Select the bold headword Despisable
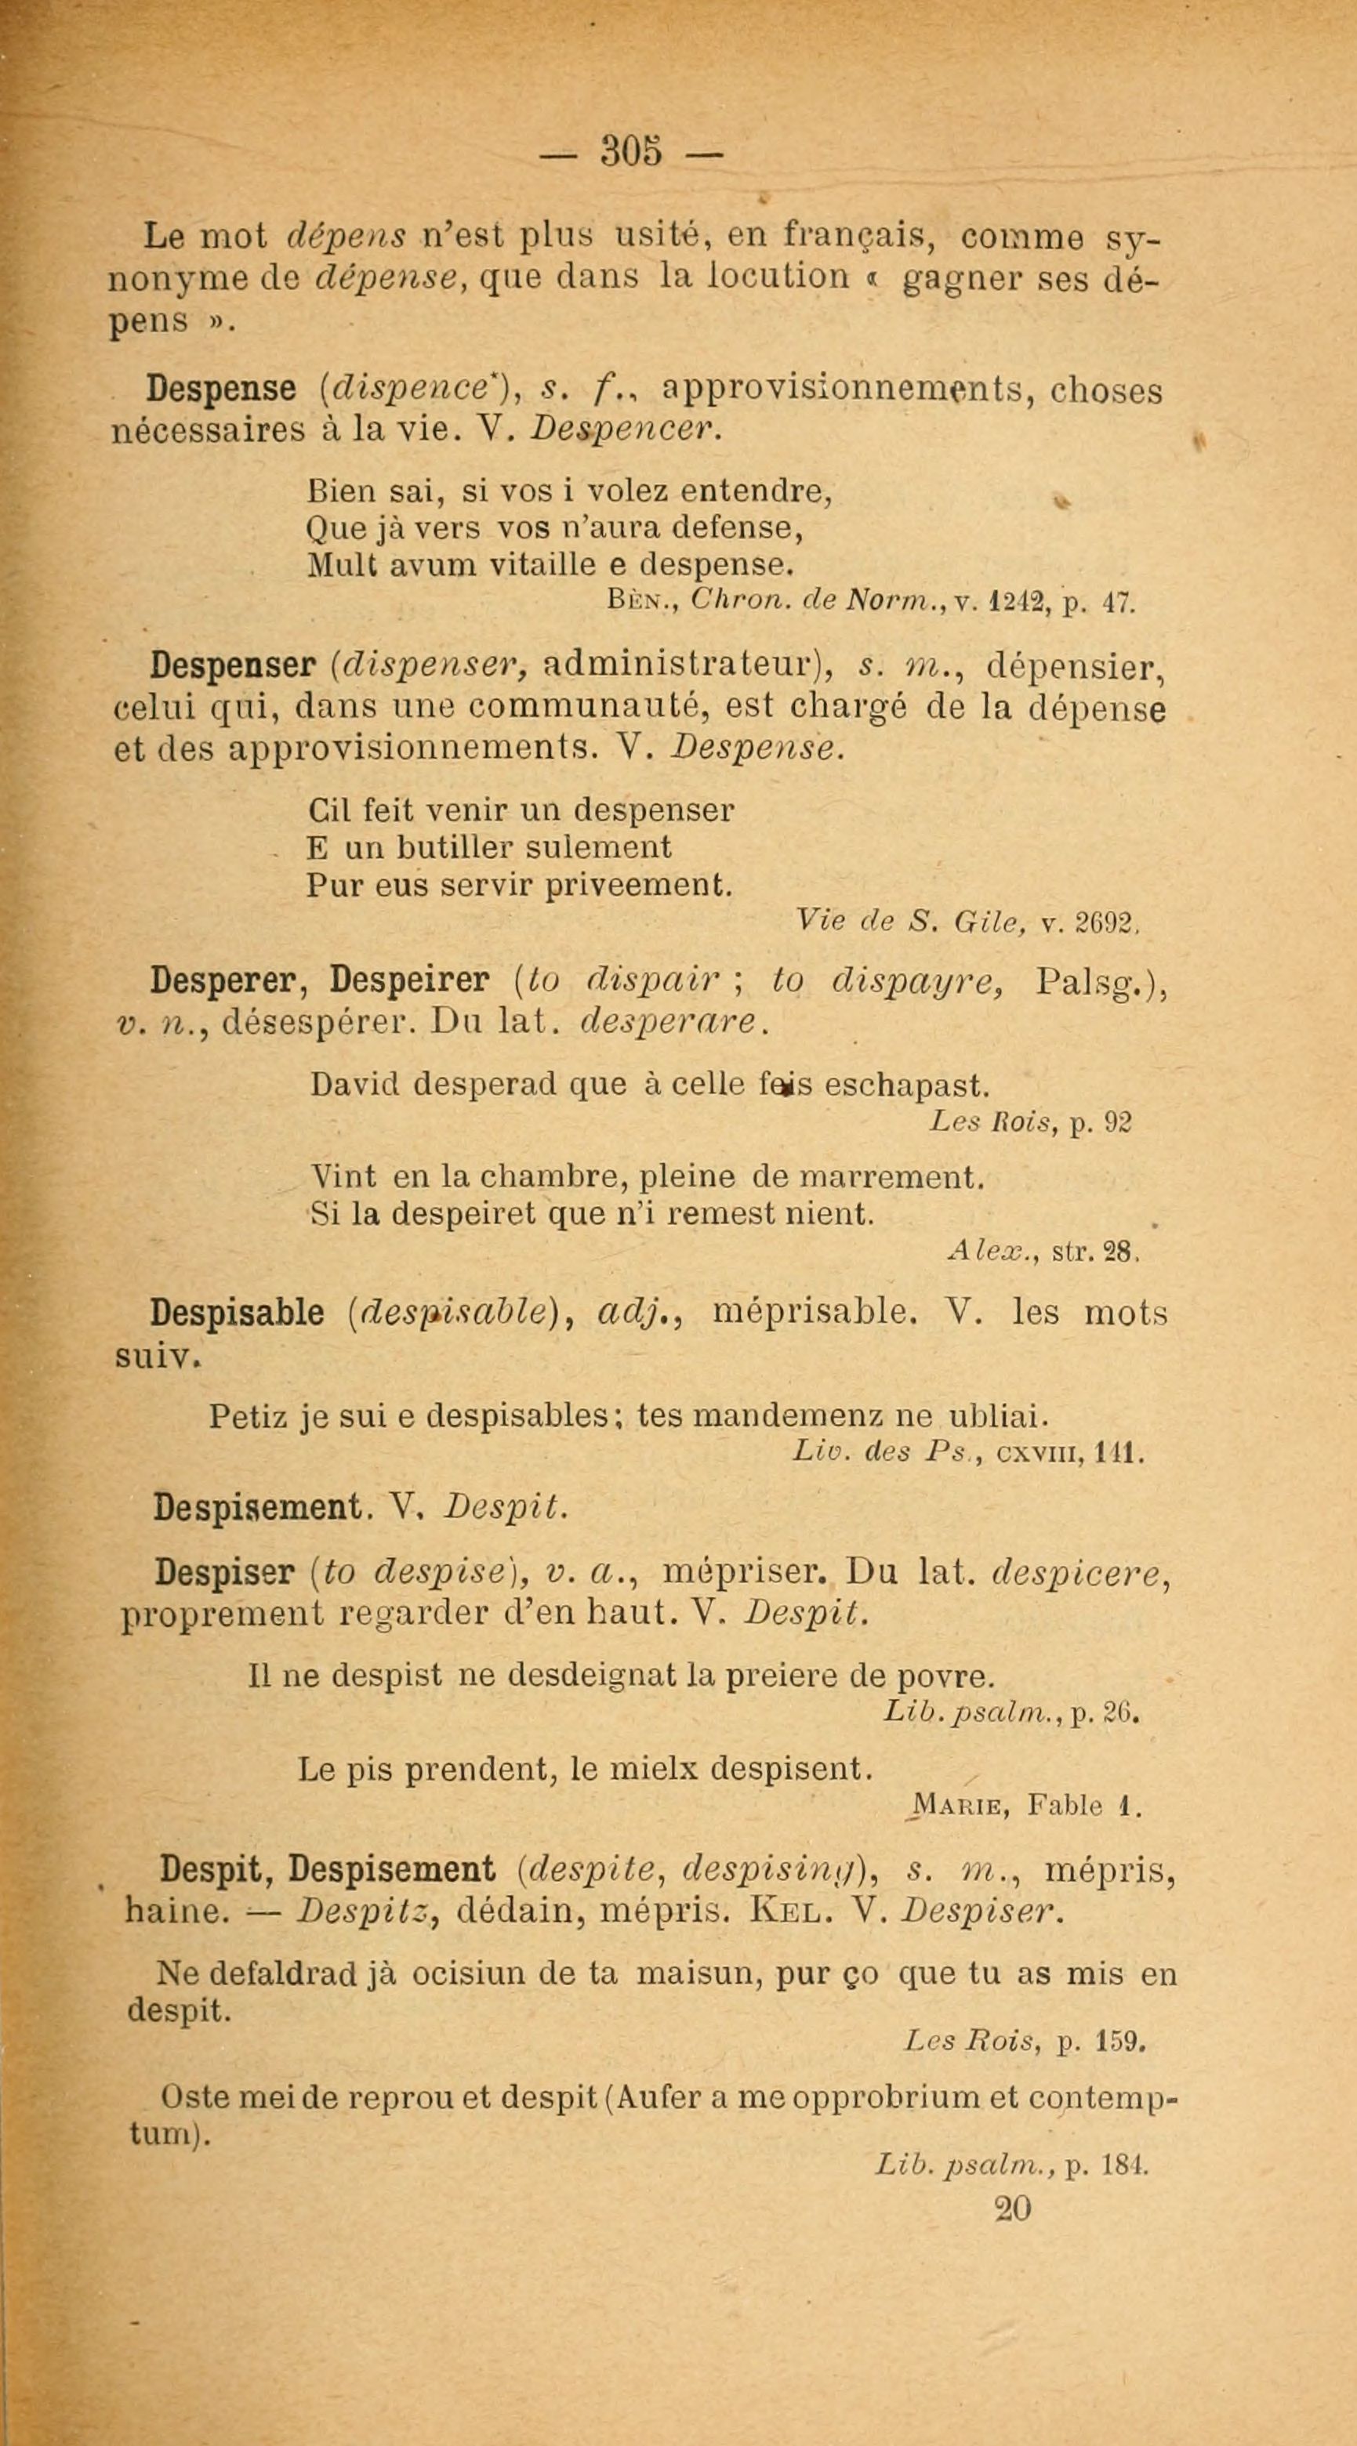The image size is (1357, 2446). coord(238,1314)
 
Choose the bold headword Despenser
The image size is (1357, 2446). coord(233,667)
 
